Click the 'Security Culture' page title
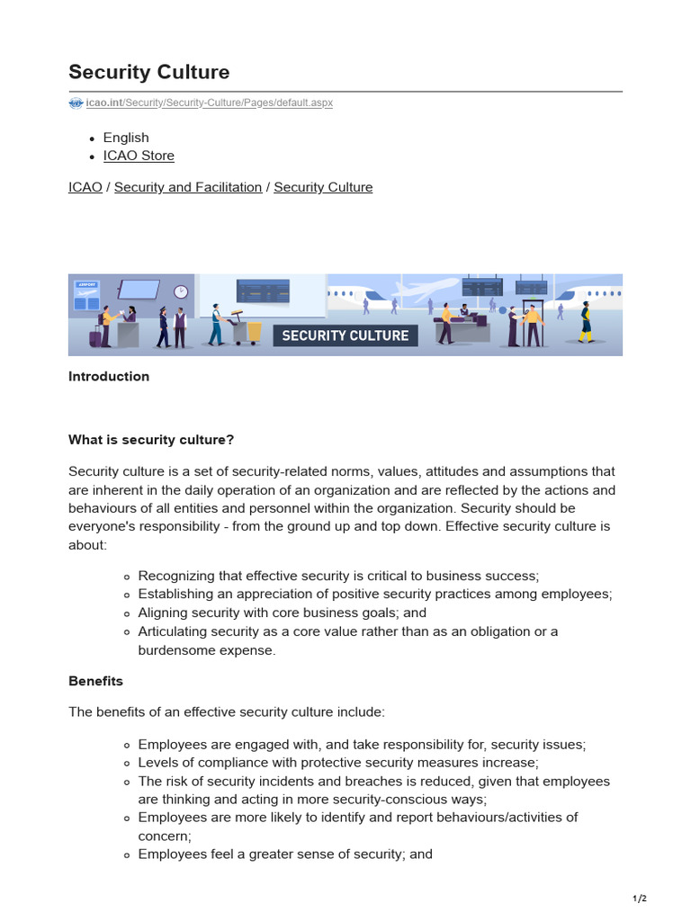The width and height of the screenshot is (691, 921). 148,72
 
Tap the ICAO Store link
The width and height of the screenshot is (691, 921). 139,156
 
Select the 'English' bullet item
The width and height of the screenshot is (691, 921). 126,138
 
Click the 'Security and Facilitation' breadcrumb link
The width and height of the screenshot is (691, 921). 188,187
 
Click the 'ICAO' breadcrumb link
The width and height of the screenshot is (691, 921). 85,187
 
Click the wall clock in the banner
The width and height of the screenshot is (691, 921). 181,291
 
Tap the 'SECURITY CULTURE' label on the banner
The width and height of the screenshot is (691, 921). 345,335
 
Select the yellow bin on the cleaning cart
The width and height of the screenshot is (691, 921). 254,331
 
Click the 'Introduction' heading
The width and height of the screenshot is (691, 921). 109,377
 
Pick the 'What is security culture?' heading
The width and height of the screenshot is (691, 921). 151,440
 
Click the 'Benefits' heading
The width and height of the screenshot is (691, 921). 95,681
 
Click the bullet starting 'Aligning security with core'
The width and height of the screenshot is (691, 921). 282,613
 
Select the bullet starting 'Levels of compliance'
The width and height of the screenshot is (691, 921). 337,763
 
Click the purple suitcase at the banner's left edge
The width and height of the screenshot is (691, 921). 95,335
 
